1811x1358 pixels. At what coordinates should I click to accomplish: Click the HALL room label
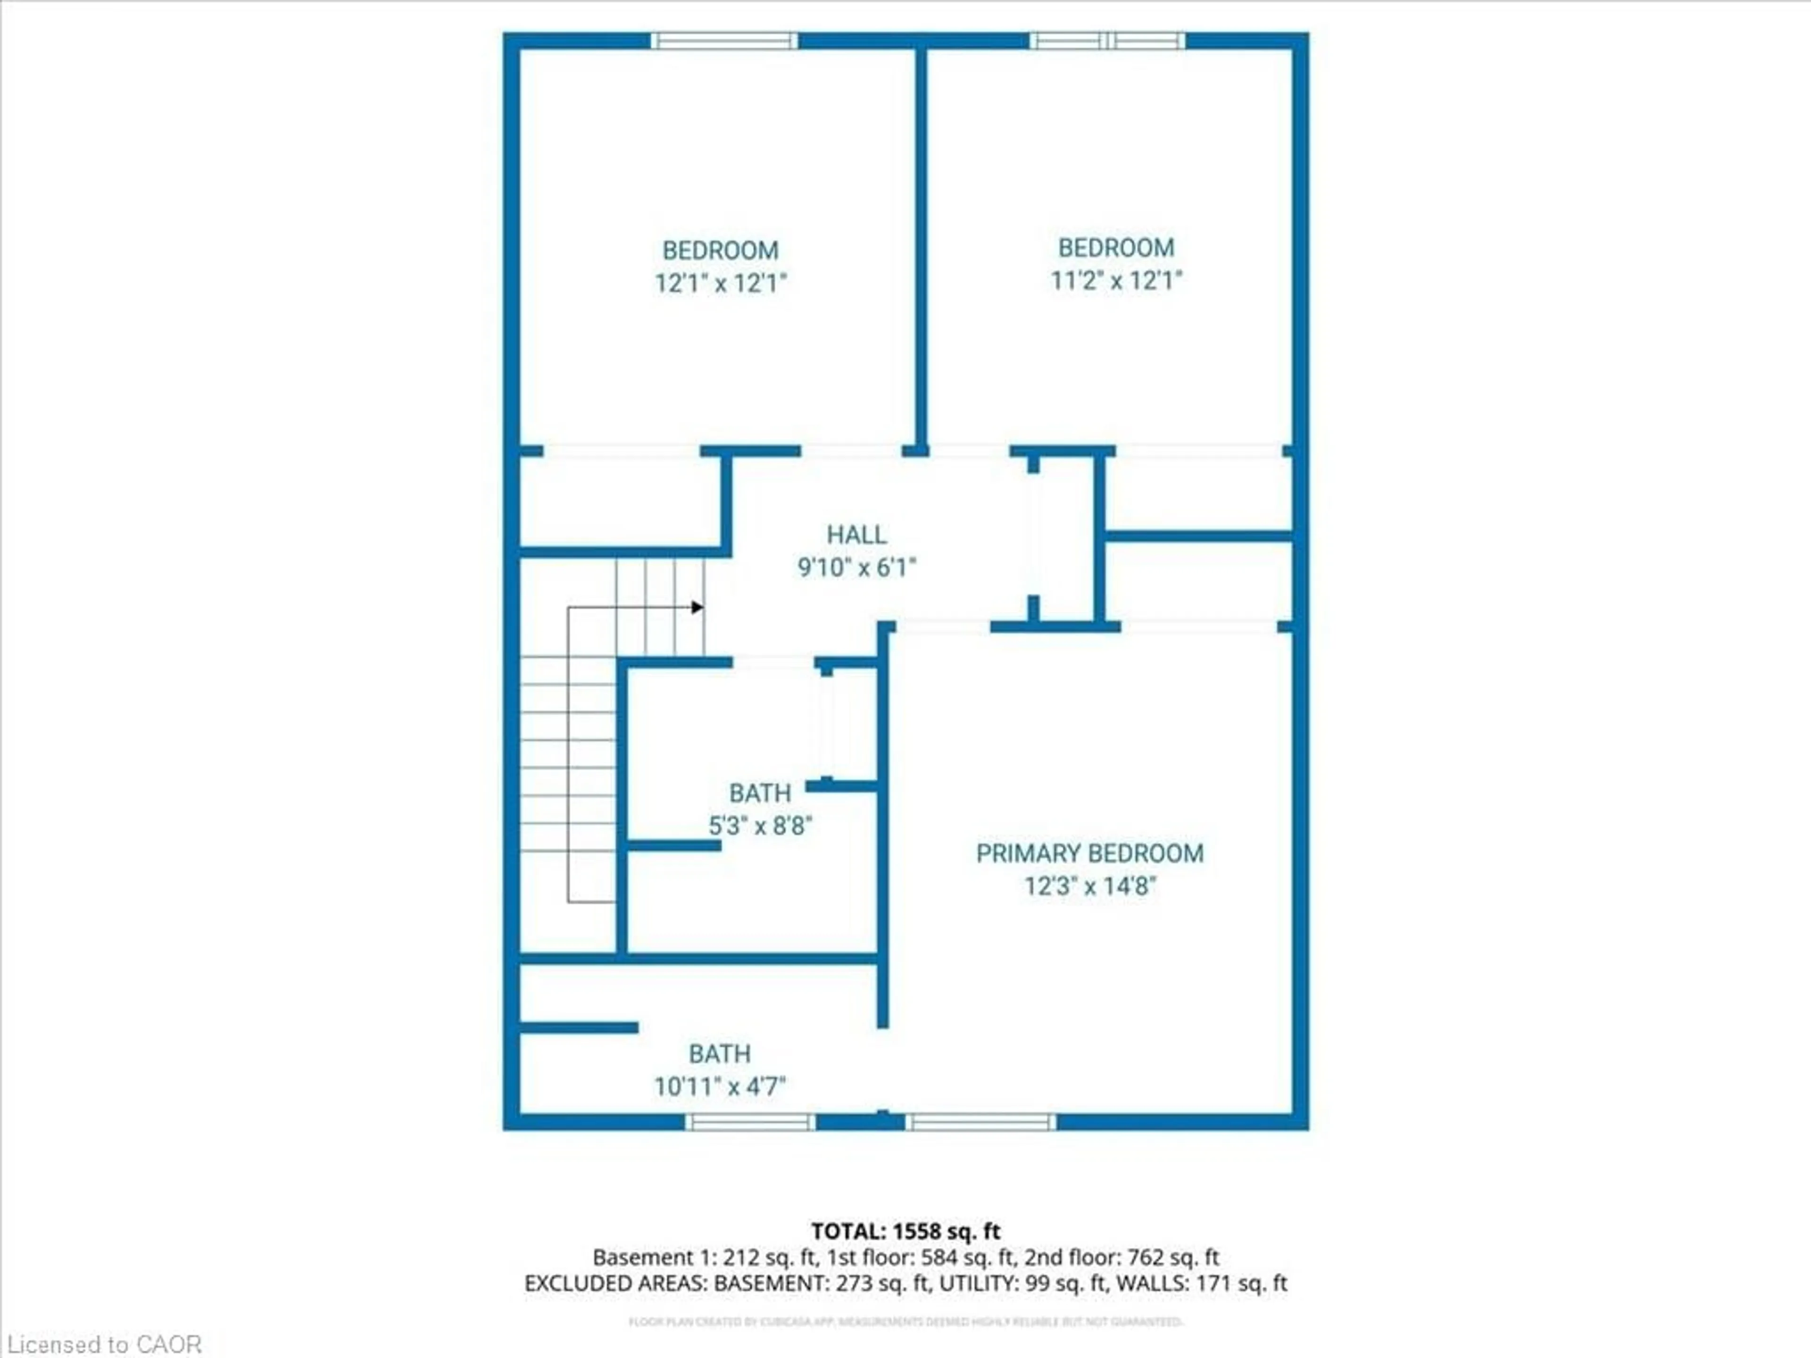pos(856,535)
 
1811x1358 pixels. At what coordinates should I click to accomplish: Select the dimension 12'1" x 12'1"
pos(721,283)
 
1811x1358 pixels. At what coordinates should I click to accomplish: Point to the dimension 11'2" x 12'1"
pos(1117,281)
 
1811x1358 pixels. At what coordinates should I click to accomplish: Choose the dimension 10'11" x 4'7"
pos(720,1086)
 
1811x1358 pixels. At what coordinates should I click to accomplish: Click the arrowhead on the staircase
pos(697,606)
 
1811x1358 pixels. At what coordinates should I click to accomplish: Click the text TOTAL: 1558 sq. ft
pos(905,1231)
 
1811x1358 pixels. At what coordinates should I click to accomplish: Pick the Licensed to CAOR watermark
pos(104,1344)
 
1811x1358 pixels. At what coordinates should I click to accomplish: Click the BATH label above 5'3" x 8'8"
pos(760,793)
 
